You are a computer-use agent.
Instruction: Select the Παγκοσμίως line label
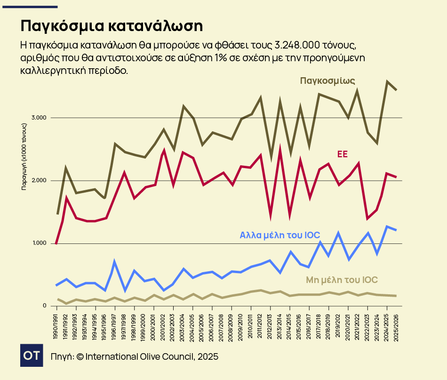(327, 81)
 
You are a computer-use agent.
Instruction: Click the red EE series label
(342, 154)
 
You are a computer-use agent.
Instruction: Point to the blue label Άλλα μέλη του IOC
(280, 235)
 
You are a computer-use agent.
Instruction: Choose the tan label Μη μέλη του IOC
(342, 280)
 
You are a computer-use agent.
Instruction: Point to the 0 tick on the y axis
(45, 306)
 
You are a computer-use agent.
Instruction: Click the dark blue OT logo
(32, 356)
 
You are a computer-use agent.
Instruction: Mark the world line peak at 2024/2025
(387, 82)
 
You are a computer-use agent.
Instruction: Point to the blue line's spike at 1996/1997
(114, 262)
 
